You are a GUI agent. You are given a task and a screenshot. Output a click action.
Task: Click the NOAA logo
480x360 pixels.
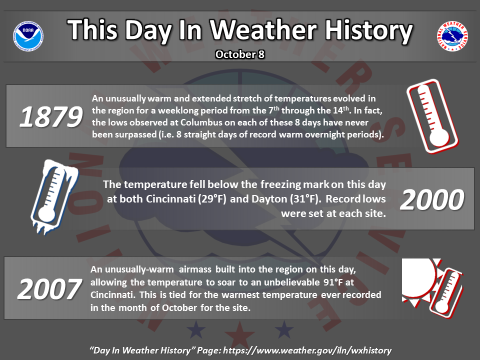pos(28,36)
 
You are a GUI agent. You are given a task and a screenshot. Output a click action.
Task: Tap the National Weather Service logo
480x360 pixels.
pos(452,36)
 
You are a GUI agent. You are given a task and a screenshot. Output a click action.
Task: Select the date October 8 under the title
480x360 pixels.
pos(239,54)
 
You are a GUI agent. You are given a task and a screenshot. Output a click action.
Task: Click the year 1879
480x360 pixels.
pos(51,116)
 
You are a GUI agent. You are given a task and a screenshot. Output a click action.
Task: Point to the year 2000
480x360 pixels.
pos(432,199)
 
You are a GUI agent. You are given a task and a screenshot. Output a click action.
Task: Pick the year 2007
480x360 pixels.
pos(49,289)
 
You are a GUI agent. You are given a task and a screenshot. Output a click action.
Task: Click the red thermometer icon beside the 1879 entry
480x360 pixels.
pos(432,116)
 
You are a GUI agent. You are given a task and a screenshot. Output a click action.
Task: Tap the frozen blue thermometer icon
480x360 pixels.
pos(54,196)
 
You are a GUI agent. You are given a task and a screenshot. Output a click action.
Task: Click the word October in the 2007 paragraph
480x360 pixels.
pos(179,307)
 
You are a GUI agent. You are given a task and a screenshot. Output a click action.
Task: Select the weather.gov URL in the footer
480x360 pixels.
pos(307,350)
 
